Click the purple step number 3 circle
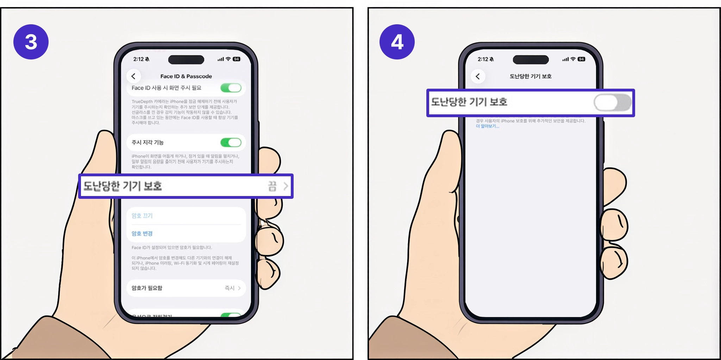pyautogui.click(x=31, y=42)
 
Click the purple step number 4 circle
pyautogui.click(x=397, y=42)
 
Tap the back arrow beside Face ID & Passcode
pyautogui.click(x=133, y=76)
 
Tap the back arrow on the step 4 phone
pyautogui.click(x=478, y=76)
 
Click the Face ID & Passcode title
pyautogui.click(x=186, y=76)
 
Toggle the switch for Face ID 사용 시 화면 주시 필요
pyautogui.click(x=231, y=88)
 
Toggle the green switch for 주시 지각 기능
pyautogui.click(x=231, y=143)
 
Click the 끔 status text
pyautogui.click(x=272, y=186)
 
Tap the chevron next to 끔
pyautogui.click(x=286, y=186)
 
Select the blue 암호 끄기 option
pyautogui.click(x=142, y=216)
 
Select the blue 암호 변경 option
pyautogui.click(x=142, y=233)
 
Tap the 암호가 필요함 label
pyautogui.click(x=147, y=288)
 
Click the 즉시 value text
pyautogui.click(x=229, y=288)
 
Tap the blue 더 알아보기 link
pyautogui.click(x=487, y=126)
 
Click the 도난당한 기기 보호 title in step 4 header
pyautogui.click(x=531, y=76)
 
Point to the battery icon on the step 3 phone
pyautogui.click(x=237, y=59)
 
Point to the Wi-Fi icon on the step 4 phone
pyautogui.click(x=573, y=59)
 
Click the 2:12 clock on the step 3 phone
pyautogui.click(x=138, y=59)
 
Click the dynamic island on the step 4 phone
pyautogui.click(x=531, y=59)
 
